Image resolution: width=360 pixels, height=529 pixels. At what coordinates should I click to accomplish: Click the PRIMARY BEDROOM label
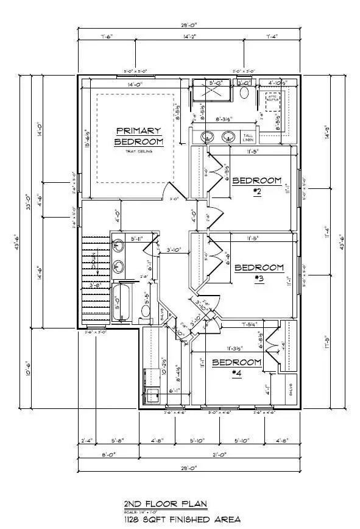pos(139,136)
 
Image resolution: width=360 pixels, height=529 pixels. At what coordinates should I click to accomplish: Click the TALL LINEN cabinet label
pos(249,137)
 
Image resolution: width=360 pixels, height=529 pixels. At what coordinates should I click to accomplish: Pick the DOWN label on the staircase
pos(94,263)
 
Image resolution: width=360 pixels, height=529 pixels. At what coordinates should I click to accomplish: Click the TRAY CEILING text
pos(139,152)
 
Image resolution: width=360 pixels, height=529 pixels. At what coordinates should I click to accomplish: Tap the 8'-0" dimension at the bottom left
pos(108,455)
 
